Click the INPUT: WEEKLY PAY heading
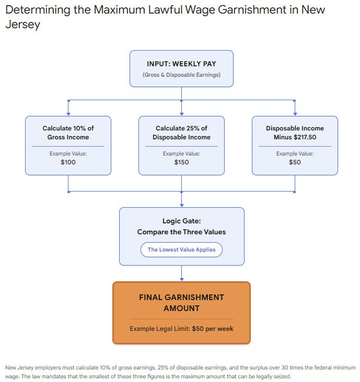(181, 64)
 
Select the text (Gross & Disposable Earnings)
(181, 75)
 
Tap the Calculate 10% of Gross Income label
(68, 133)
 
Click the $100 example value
(68, 162)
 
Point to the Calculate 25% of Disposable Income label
(181, 133)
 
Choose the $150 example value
(181, 162)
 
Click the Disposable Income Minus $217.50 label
(295, 133)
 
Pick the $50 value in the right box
(295, 162)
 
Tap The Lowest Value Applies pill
(181, 249)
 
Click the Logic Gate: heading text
(181, 221)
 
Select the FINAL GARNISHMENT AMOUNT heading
(181, 303)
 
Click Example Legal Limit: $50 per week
(181, 329)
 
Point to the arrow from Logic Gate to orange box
(181, 273)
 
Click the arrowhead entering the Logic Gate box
(181, 205)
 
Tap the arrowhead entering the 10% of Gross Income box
(68, 114)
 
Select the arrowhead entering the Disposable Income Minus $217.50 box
(295, 114)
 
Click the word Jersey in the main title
(22, 25)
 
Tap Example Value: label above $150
(181, 153)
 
